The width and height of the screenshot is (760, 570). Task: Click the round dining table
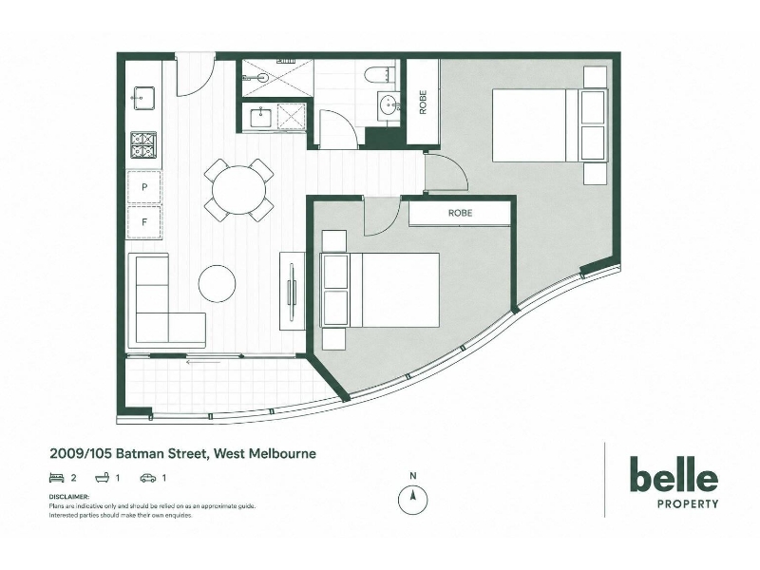click(x=239, y=190)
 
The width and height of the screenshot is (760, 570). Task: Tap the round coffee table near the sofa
click(x=218, y=283)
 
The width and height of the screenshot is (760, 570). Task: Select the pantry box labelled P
click(x=144, y=186)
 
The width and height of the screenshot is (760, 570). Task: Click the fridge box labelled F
click(x=144, y=222)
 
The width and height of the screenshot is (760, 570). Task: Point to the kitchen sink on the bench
click(x=143, y=98)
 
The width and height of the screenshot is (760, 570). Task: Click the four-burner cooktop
click(x=143, y=145)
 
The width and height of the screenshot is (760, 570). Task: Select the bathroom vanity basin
click(x=388, y=105)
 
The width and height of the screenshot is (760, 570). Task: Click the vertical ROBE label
click(x=423, y=103)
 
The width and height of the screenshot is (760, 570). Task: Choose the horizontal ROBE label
click(x=460, y=213)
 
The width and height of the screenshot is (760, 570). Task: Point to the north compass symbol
click(x=412, y=495)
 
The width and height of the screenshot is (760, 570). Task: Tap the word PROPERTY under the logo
click(x=687, y=504)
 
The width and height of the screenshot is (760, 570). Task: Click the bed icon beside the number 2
click(x=57, y=478)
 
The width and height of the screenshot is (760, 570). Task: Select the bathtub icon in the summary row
click(x=102, y=478)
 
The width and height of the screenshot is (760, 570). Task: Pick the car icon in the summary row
click(x=148, y=478)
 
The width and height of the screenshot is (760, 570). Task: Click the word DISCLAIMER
click(x=68, y=497)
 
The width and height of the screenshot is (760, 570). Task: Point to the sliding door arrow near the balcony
click(x=203, y=362)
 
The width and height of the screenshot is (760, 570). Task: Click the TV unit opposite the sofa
click(x=293, y=292)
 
